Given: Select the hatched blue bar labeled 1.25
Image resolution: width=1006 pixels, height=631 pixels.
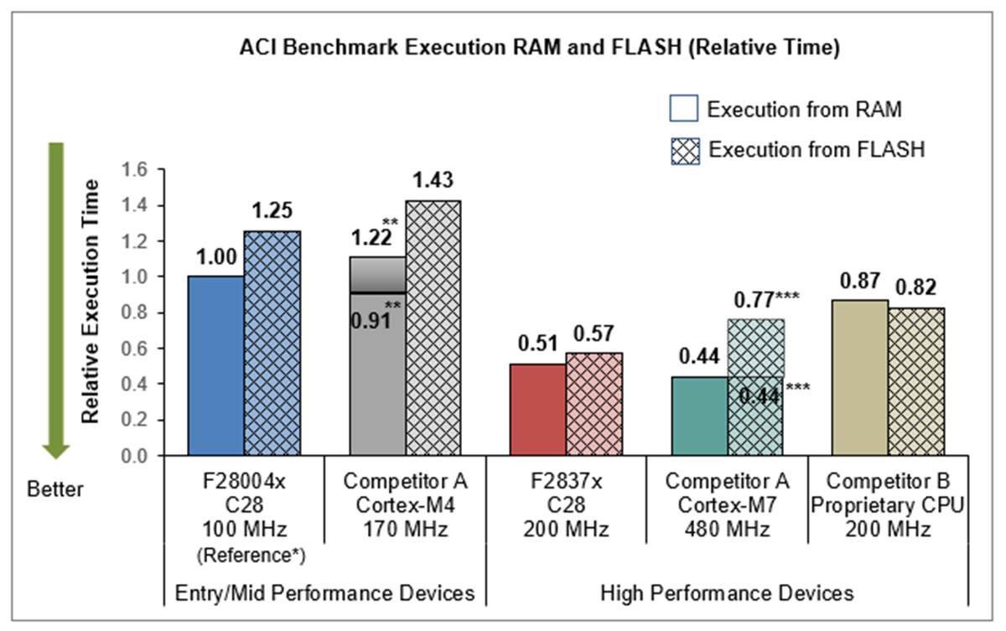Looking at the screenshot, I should pyautogui.click(x=272, y=344).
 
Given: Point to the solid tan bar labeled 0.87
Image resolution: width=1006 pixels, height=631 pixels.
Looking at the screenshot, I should pyautogui.click(x=861, y=378).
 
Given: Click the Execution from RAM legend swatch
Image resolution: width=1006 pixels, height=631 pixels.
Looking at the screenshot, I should pyautogui.click(x=683, y=110).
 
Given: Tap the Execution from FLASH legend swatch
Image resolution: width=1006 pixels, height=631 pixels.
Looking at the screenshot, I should pyautogui.click(x=683, y=149).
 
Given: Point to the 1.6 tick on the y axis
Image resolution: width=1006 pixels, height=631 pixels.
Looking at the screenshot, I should pyautogui.click(x=135, y=170).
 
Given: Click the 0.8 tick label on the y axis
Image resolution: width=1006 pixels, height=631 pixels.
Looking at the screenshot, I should pyautogui.click(x=135, y=313).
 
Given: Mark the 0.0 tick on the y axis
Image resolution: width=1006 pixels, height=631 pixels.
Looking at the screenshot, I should pyautogui.click(x=135, y=457).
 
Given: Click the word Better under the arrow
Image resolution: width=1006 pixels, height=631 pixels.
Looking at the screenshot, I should pyautogui.click(x=55, y=489).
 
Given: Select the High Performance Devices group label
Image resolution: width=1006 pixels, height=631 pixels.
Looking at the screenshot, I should pyautogui.click(x=727, y=593).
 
